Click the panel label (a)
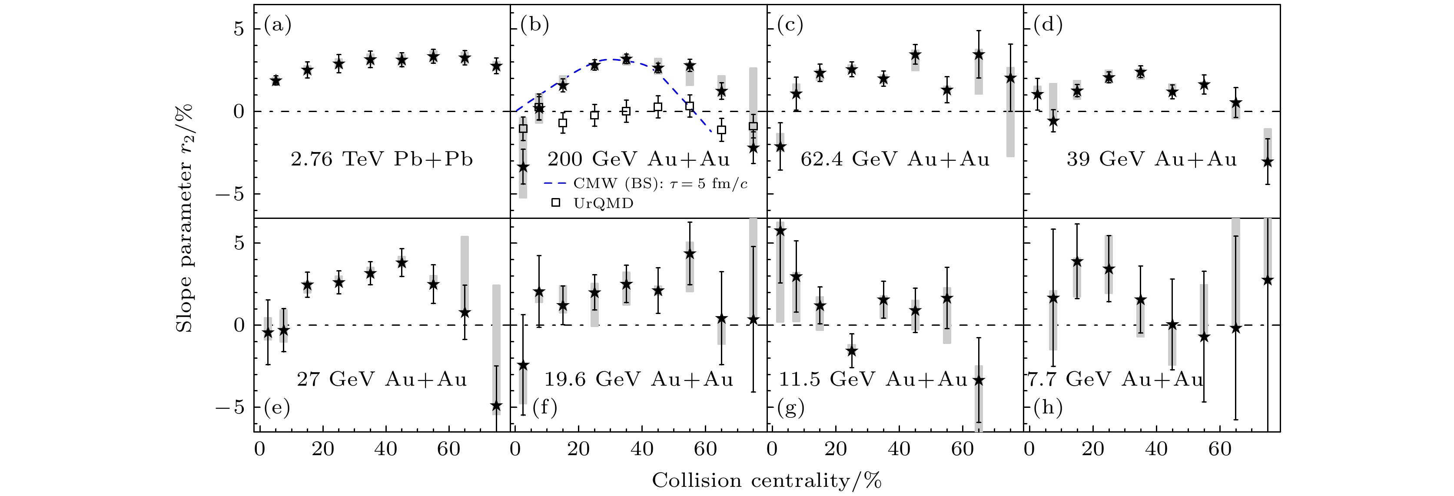(x=278, y=25)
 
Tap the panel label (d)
(x=1048, y=25)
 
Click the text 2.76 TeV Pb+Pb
(x=382, y=160)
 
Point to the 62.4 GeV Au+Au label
(x=895, y=160)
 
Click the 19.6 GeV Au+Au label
(x=638, y=379)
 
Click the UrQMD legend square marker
(x=556, y=202)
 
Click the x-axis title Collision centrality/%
(x=767, y=481)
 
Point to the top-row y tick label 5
(x=239, y=28)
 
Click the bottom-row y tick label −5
(x=229, y=407)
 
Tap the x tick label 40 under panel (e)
(x=385, y=450)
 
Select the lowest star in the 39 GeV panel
(x=1267, y=162)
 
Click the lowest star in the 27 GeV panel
(x=496, y=406)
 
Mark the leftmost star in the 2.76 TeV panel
(x=276, y=81)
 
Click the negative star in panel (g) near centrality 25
(x=852, y=351)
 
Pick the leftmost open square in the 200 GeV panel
(x=523, y=129)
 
